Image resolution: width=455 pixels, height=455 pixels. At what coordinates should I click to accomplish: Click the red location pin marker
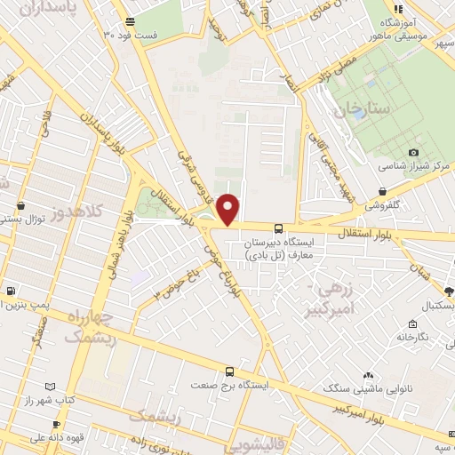tap(228, 208)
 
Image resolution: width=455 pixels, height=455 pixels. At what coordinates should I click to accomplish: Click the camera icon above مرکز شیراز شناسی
tap(413, 153)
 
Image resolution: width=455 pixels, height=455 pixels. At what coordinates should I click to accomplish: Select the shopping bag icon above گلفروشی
tap(382, 191)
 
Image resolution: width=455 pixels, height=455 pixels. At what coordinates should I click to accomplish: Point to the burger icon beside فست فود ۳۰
tap(131, 21)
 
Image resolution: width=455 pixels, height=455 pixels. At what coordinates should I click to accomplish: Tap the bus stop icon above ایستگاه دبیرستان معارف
tap(279, 227)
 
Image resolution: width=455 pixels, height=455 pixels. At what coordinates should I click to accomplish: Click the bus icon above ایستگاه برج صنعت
tap(229, 371)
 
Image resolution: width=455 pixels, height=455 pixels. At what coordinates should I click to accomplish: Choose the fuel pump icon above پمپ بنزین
tap(10, 291)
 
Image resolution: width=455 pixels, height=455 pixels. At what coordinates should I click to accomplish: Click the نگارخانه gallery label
tap(419, 337)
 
